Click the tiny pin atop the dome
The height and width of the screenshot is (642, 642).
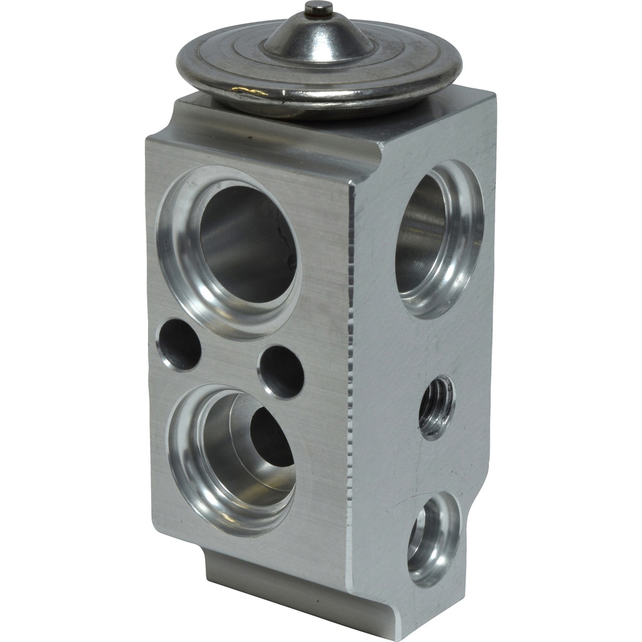pyautogui.click(x=318, y=8)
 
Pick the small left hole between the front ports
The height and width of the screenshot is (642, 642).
pyautogui.click(x=179, y=344)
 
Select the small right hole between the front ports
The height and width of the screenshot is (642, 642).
pyautogui.click(x=282, y=371)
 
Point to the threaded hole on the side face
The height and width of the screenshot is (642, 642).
pyautogui.click(x=436, y=407)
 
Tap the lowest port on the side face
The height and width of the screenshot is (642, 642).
pyautogui.click(x=434, y=539)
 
